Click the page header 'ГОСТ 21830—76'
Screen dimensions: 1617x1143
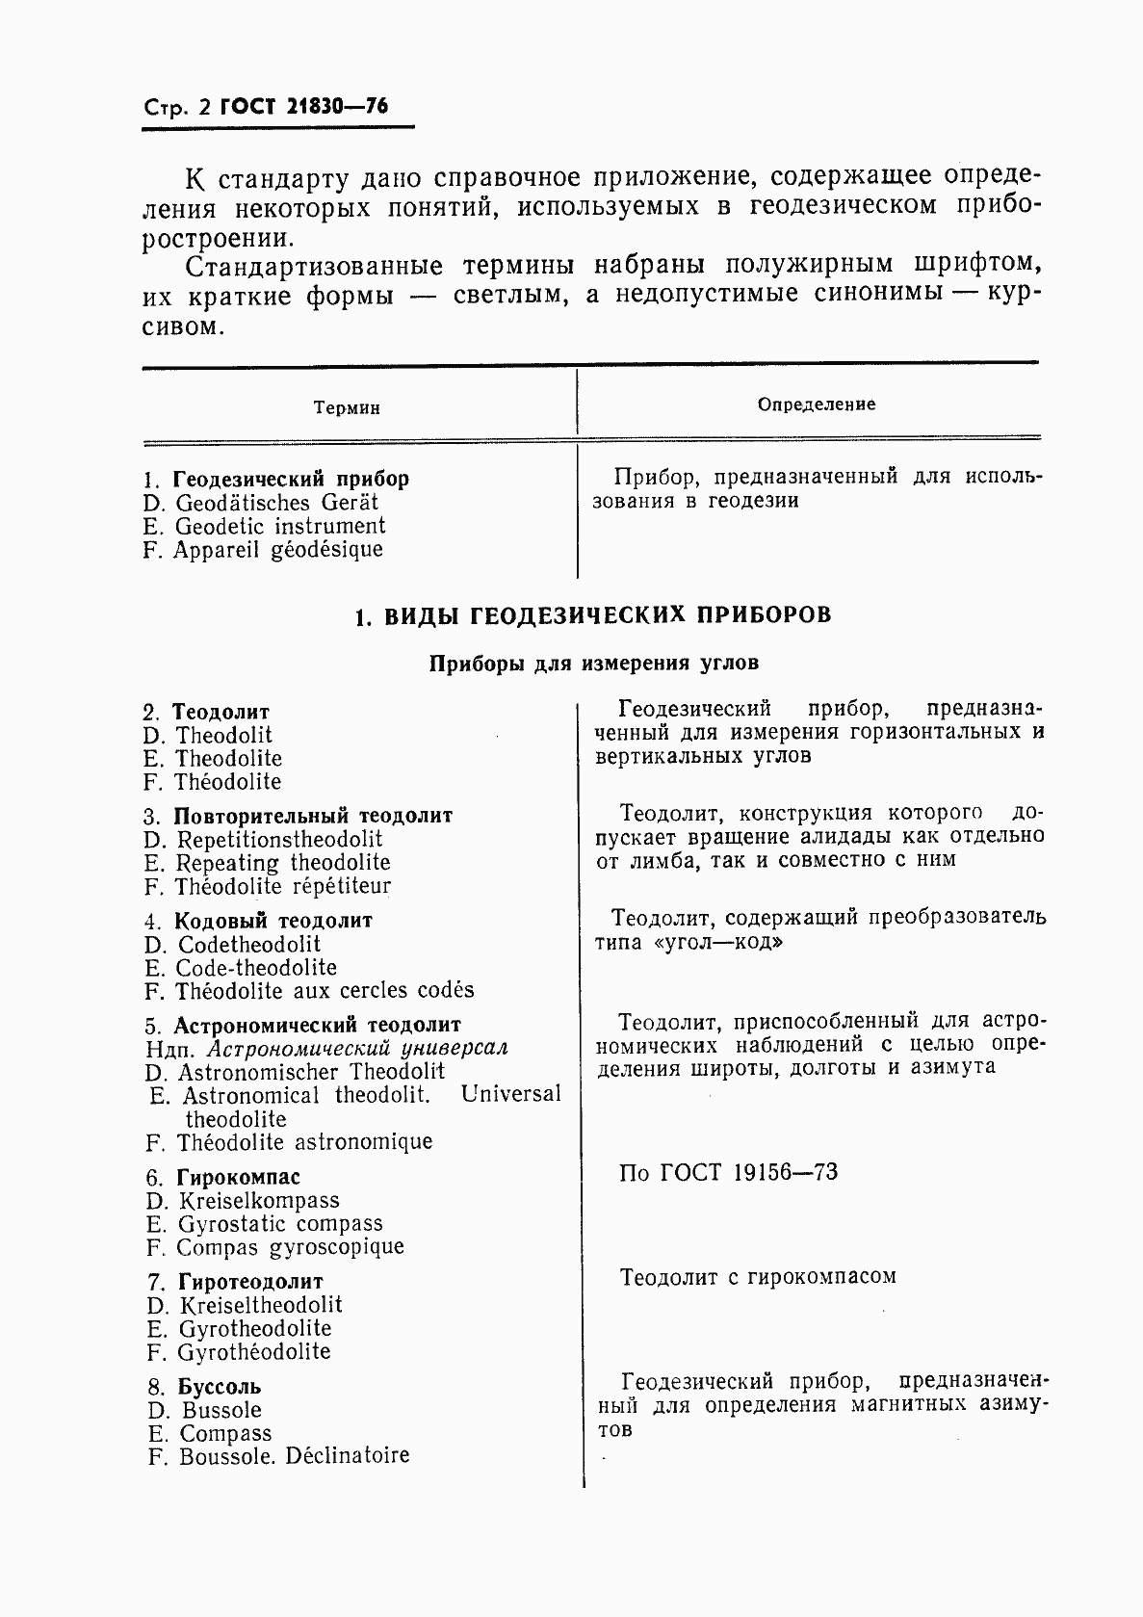303,107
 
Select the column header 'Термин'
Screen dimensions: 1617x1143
347,408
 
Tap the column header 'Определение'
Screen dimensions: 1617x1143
817,404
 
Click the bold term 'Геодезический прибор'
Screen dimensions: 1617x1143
291,479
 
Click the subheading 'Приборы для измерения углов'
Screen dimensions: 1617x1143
593,664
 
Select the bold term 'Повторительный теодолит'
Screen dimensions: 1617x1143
313,816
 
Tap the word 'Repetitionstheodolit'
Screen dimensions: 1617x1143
280,840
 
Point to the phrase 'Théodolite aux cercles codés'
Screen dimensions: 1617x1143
325,991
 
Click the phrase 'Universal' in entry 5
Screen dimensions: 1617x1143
510,1095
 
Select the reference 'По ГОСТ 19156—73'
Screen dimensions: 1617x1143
728,1173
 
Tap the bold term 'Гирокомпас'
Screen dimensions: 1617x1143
239,1178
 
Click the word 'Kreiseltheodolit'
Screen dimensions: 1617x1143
261,1306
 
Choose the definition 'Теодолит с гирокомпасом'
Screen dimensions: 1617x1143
758,1278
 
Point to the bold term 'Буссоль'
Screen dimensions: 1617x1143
220,1388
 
